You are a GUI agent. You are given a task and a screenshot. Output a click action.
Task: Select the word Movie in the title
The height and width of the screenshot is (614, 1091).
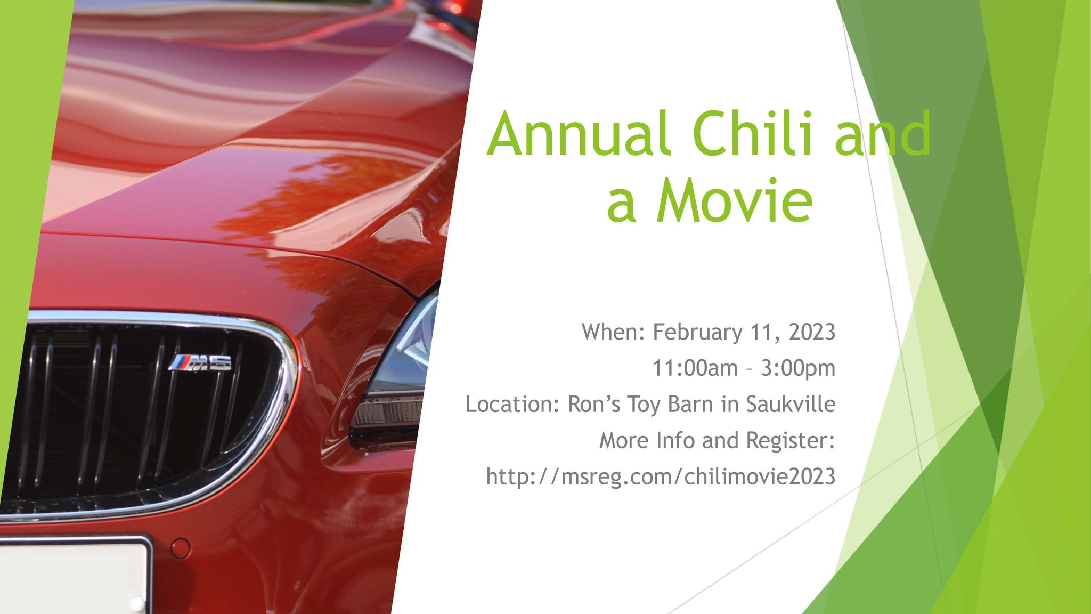734,200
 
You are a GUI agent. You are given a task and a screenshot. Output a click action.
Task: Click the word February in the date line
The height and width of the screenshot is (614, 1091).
697,333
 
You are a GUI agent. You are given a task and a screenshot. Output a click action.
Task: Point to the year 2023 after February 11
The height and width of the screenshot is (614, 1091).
812,332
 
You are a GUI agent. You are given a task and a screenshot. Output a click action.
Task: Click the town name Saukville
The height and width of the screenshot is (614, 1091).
791,404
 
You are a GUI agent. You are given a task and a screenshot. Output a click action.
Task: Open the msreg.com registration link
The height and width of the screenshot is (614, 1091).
661,476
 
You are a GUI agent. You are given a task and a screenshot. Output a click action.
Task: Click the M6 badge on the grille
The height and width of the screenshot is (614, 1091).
200,362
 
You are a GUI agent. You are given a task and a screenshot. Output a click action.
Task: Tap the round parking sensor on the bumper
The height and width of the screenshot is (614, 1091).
181,548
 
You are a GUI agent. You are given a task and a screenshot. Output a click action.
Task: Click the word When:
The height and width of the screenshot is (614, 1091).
614,332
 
